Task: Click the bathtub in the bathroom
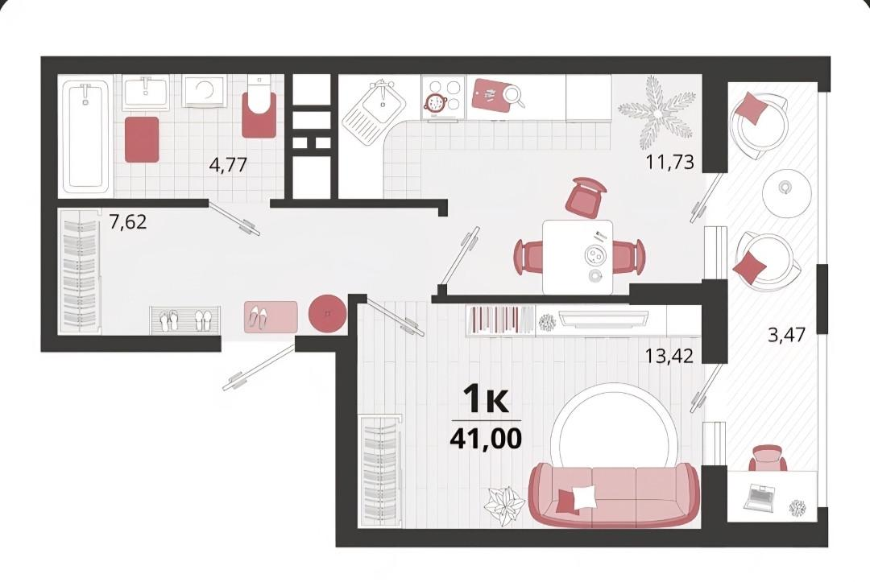(x=85, y=136)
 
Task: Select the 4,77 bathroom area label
(x=227, y=165)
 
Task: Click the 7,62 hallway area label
(x=128, y=221)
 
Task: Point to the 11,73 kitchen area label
(x=669, y=163)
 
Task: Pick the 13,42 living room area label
(x=669, y=355)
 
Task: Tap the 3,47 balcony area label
(x=786, y=334)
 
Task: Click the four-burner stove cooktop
(x=443, y=97)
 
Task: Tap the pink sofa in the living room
(x=614, y=494)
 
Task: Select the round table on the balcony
(x=784, y=188)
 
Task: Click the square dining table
(x=578, y=257)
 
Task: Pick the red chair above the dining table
(x=585, y=196)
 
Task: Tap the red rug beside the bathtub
(x=142, y=139)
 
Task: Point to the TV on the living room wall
(x=603, y=319)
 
